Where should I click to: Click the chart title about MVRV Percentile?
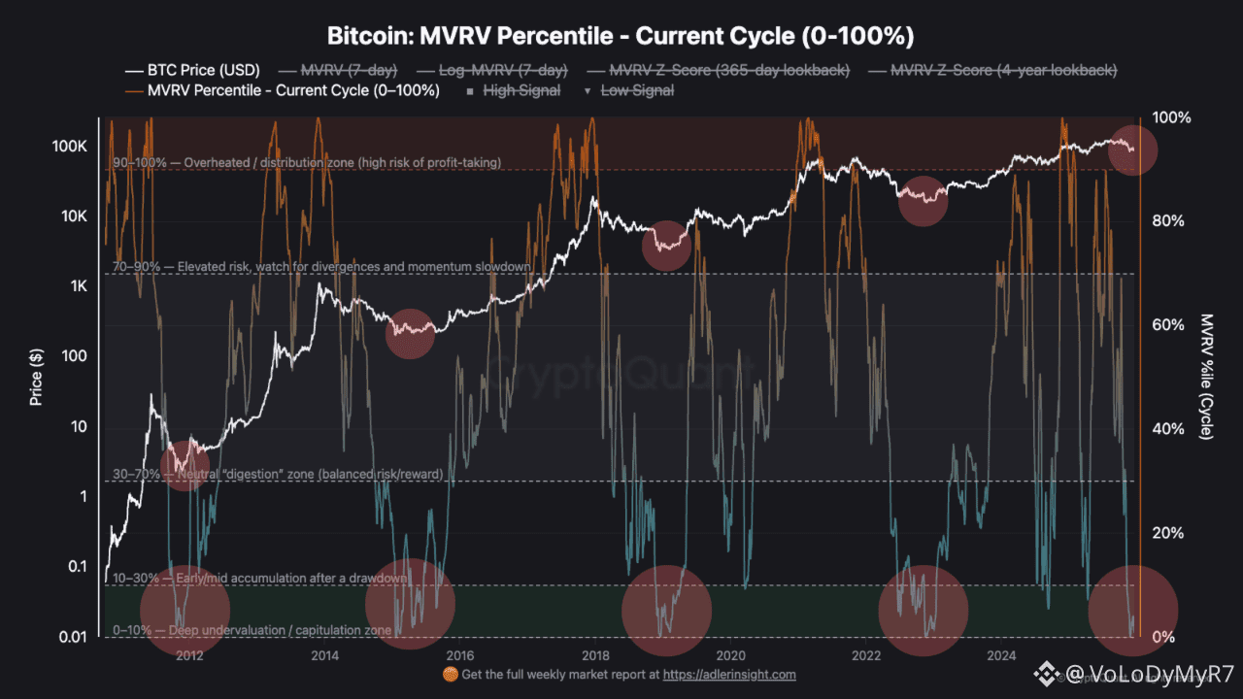(x=621, y=36)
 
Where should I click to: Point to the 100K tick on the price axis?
(x=70, y=146)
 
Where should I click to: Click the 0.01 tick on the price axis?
(x=71, y=637)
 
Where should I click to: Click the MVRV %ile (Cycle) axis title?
(x=1207, y=376)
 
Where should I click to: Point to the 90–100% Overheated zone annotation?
(x=307, y=162)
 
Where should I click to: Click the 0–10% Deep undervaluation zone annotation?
(x=252, y=630)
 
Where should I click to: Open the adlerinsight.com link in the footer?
(x=729, y=674)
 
